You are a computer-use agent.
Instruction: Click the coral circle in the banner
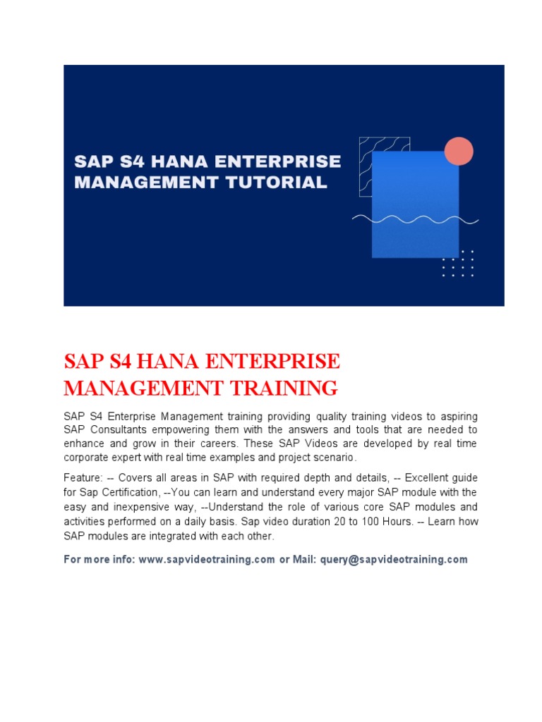pos(459,151)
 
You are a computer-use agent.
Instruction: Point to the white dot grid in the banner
pos(457,263)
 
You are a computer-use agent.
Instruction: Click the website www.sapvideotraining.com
pos(207,559)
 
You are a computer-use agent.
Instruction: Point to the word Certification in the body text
pos(128,491)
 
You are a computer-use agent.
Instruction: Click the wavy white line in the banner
pos(416,219)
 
